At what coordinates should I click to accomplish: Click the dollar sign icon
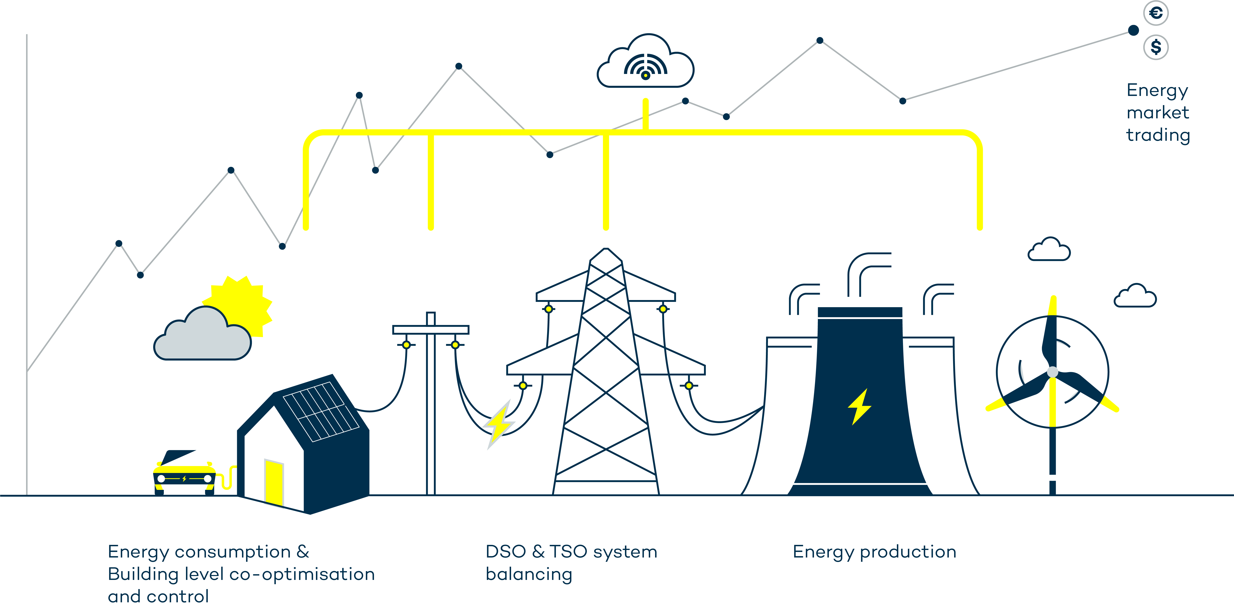(1155, 47)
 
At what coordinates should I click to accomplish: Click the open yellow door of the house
(273, 482)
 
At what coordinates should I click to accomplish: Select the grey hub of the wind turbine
(1053, 372)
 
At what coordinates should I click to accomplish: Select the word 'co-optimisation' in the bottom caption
(302, 574)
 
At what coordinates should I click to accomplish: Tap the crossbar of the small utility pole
(430, 330)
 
